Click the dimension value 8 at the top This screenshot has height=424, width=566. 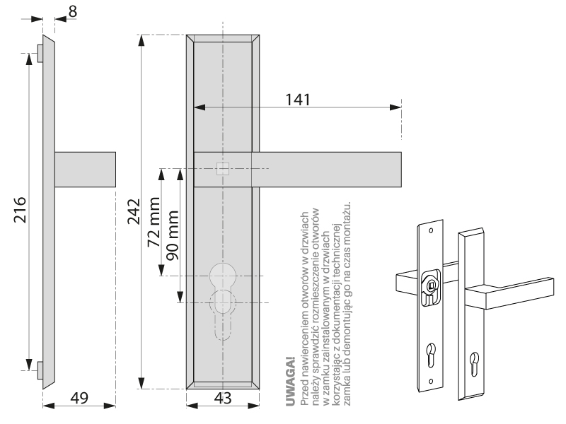(x=74, y=11)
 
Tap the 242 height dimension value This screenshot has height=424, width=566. (x=132, y=211)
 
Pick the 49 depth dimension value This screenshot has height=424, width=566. (x=79, y=398)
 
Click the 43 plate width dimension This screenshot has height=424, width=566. (x=223, y=398)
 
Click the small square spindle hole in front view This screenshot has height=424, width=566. (x=223, y=169)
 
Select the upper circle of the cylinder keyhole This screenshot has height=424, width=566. (x=223, y=274)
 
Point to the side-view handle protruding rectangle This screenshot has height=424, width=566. (x=85, y=169)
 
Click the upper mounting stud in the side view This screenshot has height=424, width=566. (x=40, y=52)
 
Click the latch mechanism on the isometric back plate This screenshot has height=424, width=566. (x=429, y=285)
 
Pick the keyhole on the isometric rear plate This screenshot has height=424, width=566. (x=430, y=353)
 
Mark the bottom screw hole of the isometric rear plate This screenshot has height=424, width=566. (x=430, y=381)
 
